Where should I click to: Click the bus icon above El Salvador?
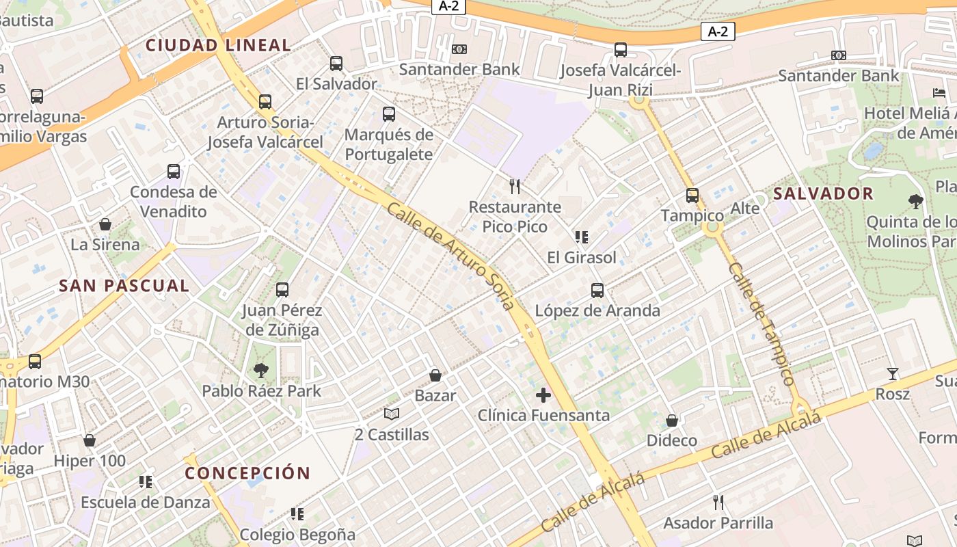click(x=336, y=64)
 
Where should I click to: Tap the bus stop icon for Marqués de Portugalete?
click(x=389, y=114)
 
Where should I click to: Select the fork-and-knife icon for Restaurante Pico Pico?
click(x=515, y=186)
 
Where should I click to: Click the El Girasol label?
click(x=582, y=258)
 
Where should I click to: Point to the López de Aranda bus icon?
click(x=597, y=291)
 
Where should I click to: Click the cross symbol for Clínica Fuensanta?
click(x=543, y=395)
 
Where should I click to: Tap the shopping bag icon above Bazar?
click(x=435, y=375)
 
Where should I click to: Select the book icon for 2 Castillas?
click(x=392, y=414)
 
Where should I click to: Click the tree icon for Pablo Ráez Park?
click(x=260, y=371)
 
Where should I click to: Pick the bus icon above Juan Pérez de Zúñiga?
click(x=282, y=290)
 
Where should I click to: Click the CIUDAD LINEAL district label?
click(x=219, y=46)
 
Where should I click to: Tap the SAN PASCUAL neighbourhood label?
click(x=124, y=286)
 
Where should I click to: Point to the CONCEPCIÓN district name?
click(x=247, y=473)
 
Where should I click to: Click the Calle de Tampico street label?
click(x=761, y=324)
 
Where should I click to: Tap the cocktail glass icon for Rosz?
click(x=893, y=374)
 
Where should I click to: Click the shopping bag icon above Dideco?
click(x=672, y=421)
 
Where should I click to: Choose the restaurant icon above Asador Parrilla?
click(x=718, y=503)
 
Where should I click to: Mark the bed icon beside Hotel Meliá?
click(x=939, y=93)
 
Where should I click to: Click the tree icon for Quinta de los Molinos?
click(x=916, y=201)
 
